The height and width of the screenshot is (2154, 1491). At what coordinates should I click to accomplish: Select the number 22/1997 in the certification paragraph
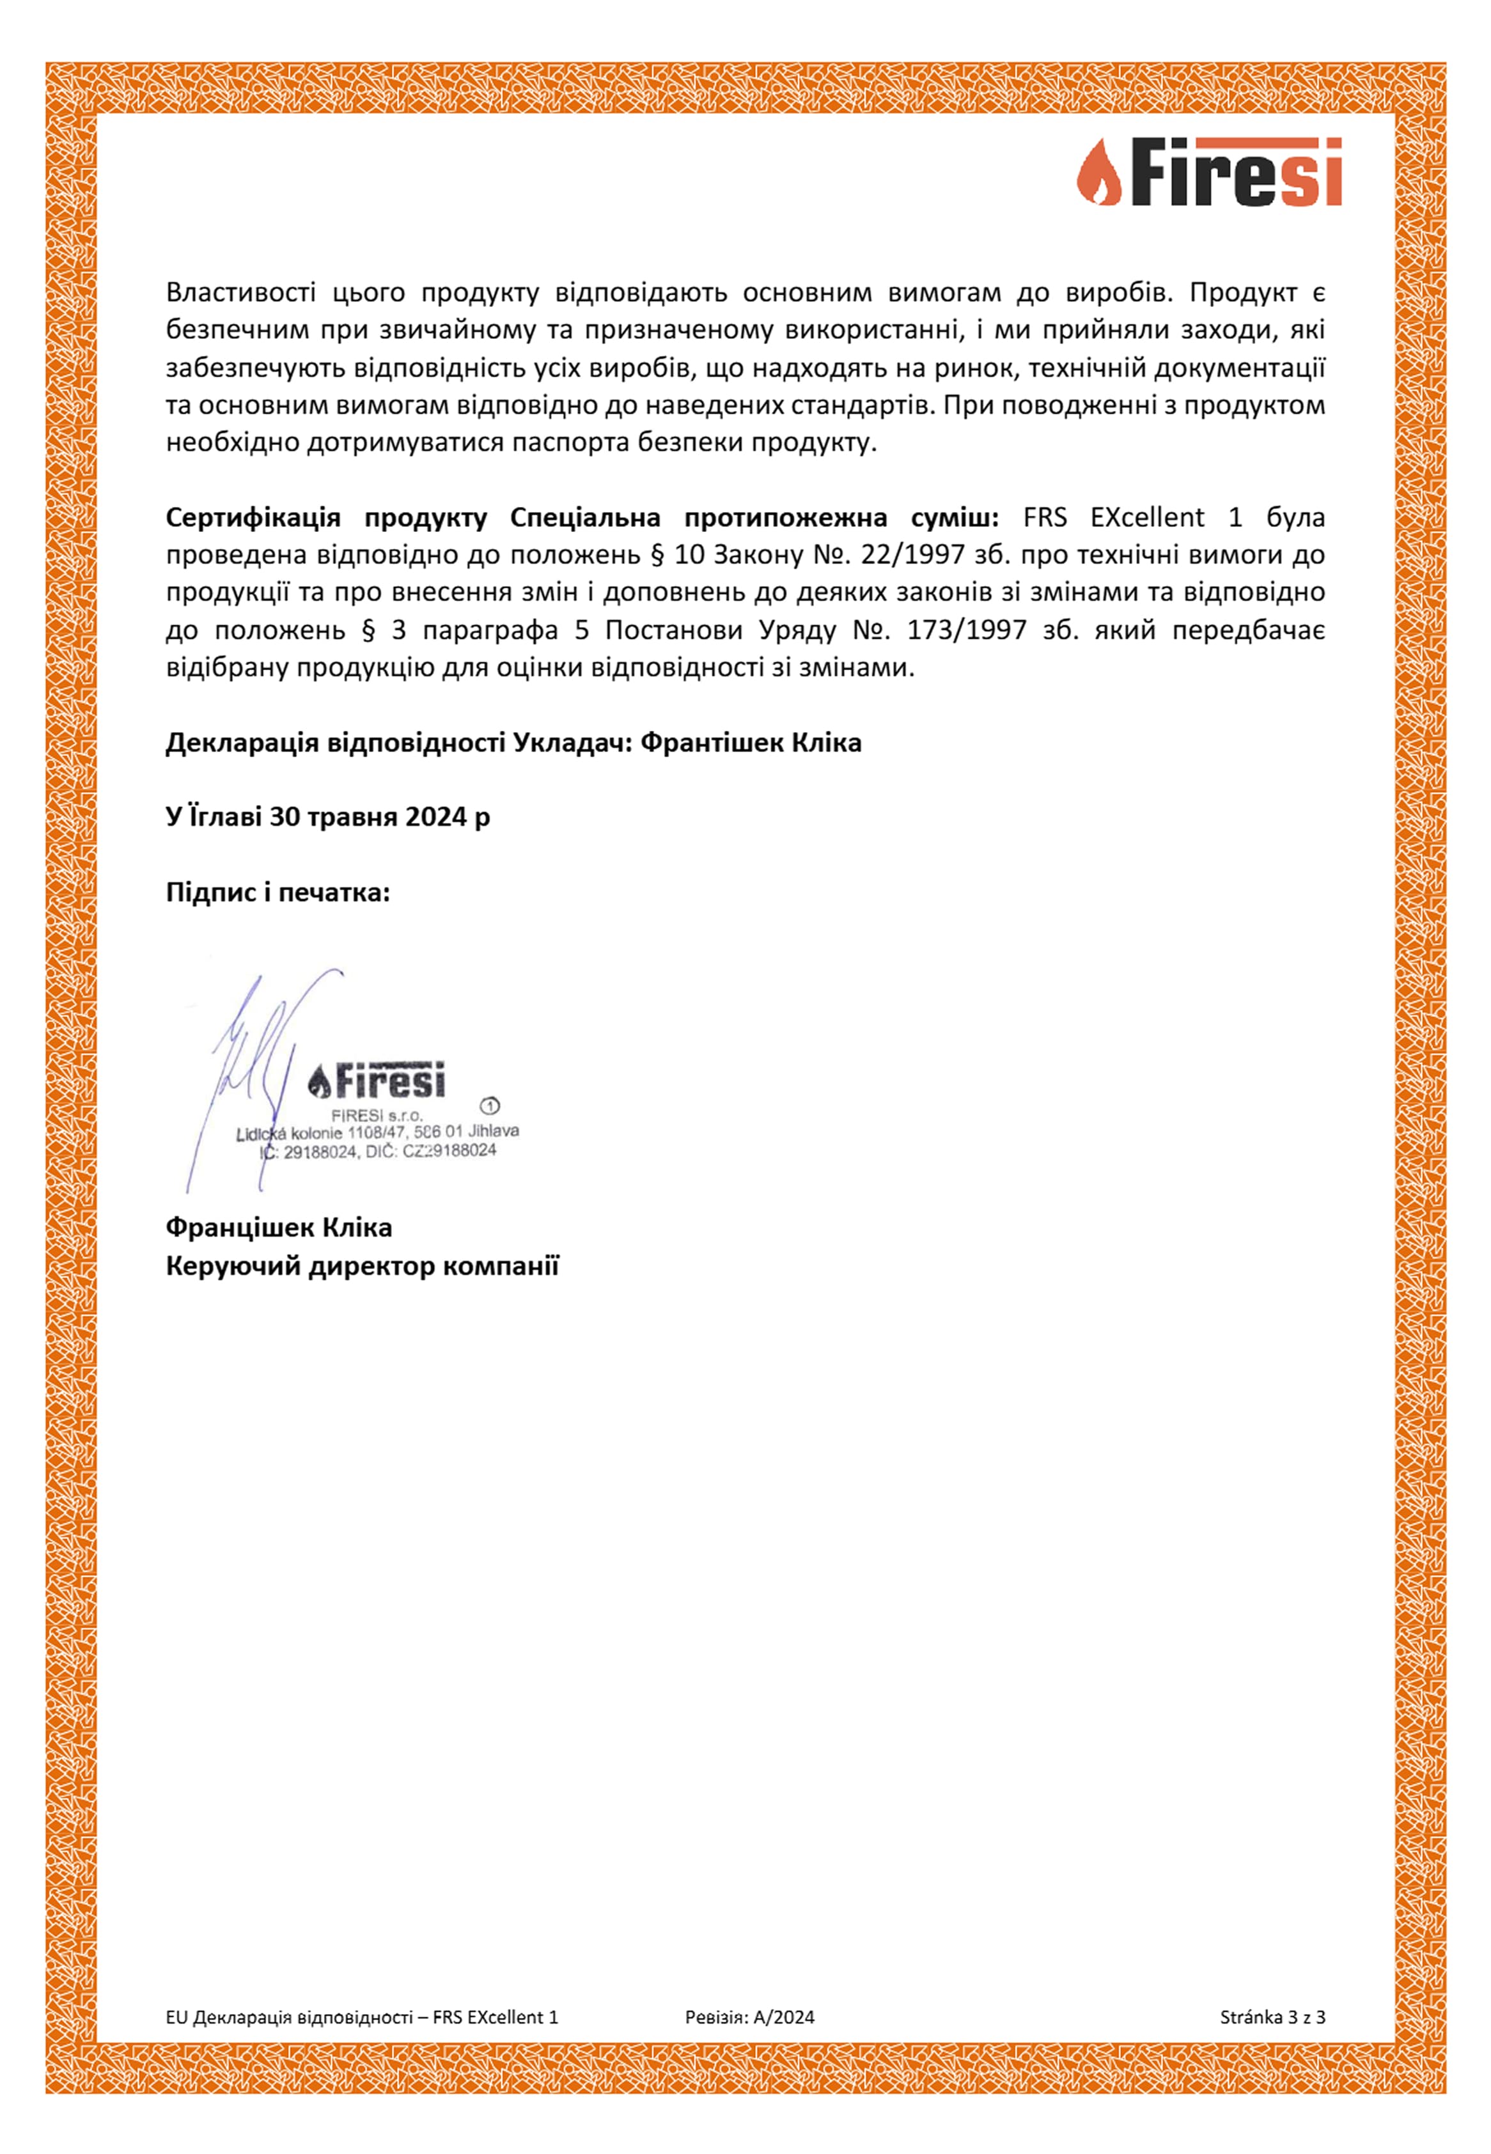point(917,555)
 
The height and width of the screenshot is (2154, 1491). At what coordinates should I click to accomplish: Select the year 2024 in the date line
point(435,817)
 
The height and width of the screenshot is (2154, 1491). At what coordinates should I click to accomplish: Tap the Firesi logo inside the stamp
point(377,1081)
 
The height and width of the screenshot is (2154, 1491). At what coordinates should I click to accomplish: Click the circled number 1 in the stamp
point(490,1106)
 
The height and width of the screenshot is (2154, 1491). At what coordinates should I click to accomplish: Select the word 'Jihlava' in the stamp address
point(494,1130)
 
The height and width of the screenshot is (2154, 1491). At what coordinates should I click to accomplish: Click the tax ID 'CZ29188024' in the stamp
point(449,1151)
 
